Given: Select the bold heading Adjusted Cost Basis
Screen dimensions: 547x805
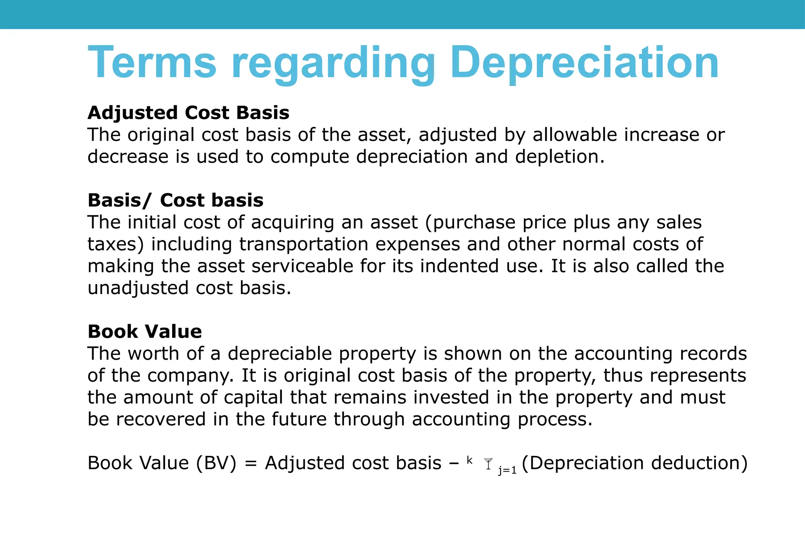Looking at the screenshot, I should (188, 113).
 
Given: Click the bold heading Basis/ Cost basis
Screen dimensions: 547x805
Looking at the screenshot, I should (175, 200).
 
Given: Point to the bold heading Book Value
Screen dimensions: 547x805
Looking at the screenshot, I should (145, 332).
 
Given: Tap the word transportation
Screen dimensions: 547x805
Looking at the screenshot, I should (304, 244).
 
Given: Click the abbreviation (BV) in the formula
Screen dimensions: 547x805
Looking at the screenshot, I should (217, 463).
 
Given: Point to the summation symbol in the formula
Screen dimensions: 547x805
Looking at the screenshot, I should (488, 464).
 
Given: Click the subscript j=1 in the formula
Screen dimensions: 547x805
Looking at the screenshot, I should (507, 470).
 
